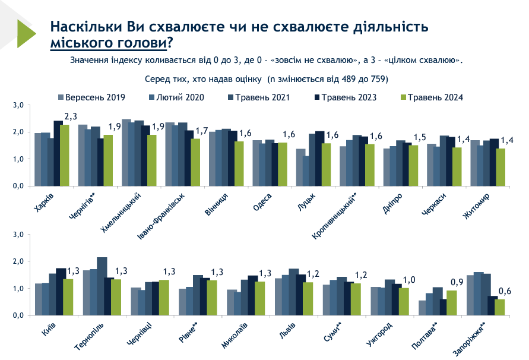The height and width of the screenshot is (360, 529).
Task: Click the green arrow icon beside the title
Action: (x=26, y=33)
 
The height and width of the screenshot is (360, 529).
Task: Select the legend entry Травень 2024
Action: (x=433, y=97)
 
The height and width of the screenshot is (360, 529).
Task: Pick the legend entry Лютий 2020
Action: (x=176, y=97)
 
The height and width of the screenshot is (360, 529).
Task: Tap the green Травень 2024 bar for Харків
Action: (x=65, y=155)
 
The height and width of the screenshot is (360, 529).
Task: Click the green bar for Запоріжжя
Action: (x=499, y=307)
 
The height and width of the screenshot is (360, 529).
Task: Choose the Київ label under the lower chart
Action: (x=49, y=330)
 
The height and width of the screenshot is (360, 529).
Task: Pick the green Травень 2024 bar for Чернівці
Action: (x=164, y=298)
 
